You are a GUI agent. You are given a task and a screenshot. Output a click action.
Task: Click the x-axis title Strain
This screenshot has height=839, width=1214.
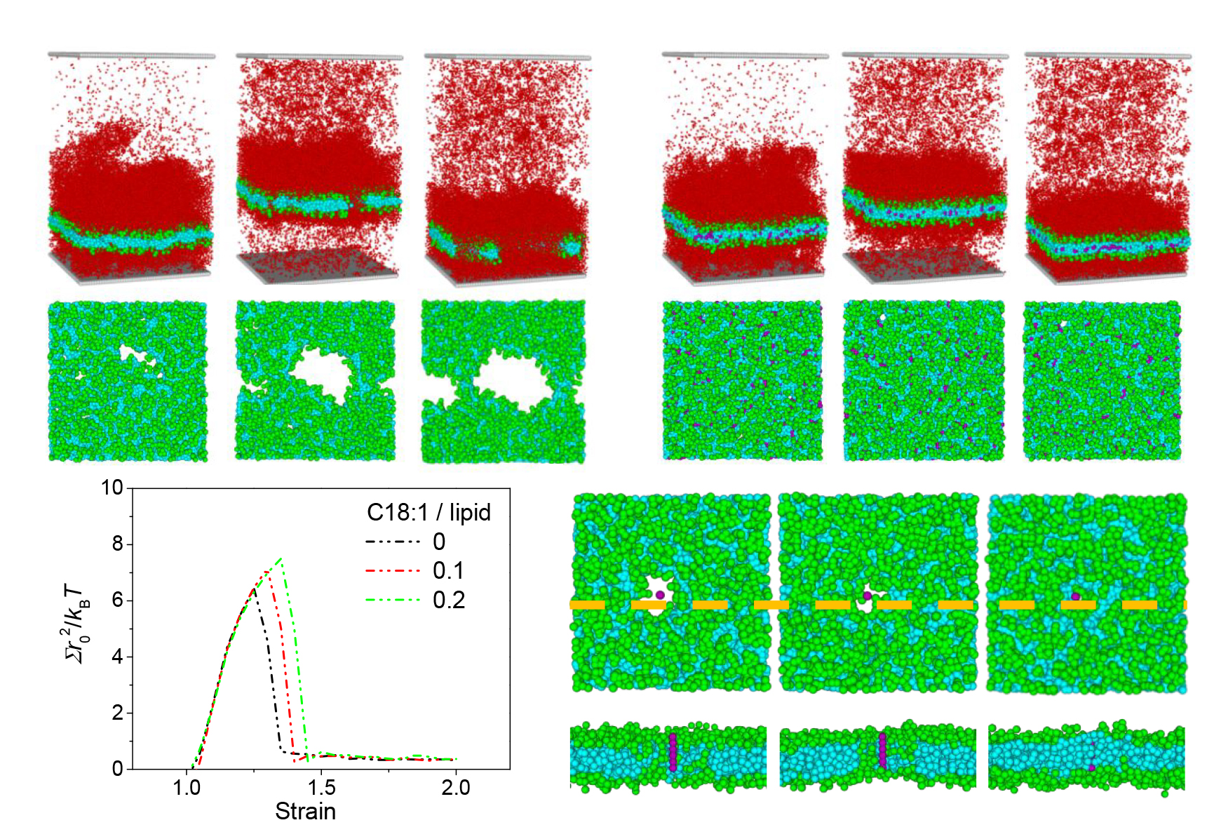click(x=305, y=812)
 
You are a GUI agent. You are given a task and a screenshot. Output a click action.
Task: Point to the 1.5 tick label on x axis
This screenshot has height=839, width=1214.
click(x=321, y=788)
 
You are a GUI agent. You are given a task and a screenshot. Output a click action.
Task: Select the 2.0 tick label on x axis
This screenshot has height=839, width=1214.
click(x=456, y=788)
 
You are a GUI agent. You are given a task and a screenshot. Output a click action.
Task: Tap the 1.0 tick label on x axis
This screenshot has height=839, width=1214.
click(x=187, y=788)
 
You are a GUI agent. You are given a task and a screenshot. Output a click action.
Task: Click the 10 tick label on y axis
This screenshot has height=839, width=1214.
click(x=112, y=488)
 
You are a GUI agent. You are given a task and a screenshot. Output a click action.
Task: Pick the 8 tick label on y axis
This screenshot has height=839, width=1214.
click(x=118, y=544)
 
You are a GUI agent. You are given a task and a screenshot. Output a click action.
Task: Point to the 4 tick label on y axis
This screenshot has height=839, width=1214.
click(x=118, y=657)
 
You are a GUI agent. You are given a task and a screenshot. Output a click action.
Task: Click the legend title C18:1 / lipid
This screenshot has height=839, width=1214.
click(x=429, y=513)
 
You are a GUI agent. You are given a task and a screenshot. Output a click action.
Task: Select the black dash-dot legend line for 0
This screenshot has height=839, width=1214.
click(x=393, y=542)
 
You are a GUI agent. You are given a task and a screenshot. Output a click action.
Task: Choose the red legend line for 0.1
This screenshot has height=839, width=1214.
click(x=393, y=571)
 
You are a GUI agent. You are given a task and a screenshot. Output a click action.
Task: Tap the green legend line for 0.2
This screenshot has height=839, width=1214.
click(x=393, y=600)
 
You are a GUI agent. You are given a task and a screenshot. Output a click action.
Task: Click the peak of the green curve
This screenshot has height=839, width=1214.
click(x=281, y=558)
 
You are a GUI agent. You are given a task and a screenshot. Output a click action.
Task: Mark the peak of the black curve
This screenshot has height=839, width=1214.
click(x=254, y=588)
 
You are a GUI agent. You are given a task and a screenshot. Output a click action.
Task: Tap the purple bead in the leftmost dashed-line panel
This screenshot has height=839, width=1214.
click(x=660, y=595)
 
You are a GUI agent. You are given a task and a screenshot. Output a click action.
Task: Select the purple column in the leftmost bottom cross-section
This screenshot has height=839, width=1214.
click(x=673, y=752)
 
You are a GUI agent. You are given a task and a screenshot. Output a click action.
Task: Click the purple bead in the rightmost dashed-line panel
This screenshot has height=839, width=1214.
click(x=1075, y=596)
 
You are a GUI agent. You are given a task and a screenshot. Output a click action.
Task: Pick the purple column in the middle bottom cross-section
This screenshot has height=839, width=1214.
click(x=882, y=751)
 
